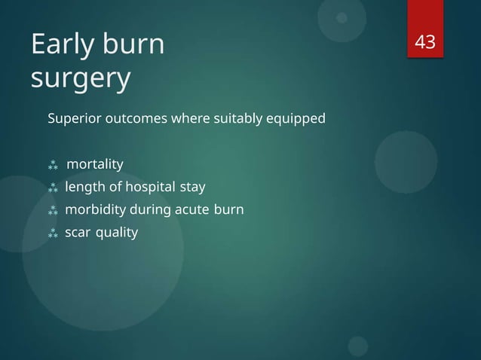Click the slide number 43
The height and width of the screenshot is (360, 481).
point(426,43)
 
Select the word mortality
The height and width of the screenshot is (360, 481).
point(95,163)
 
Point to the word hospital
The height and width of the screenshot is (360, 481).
point(142,187)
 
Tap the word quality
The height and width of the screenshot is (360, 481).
point(117,233)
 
